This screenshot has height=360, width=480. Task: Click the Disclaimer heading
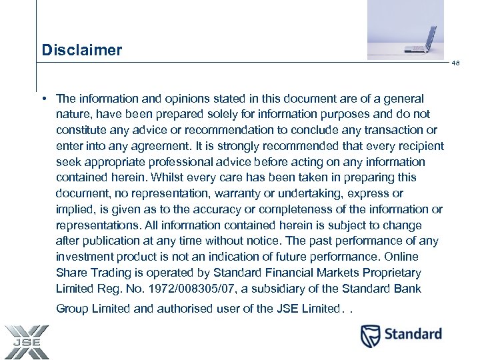pos(81,50)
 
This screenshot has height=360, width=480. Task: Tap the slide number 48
pos(456,64)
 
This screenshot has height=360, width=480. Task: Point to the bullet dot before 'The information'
pos(43,99)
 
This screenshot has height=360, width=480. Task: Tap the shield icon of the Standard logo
pos(371,336)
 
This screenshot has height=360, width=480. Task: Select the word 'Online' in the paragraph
pos(403,257)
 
